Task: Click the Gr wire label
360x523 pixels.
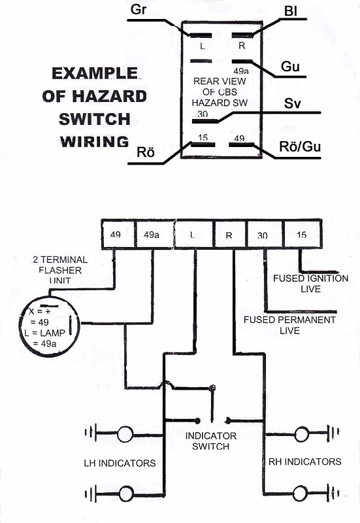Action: [x=139, y=9]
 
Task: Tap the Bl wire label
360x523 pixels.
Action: [x=291, y=11]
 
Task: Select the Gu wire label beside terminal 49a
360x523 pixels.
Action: [x=290, y=67]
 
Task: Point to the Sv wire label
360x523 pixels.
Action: [x=292, y=103]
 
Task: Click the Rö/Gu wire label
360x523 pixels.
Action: [x=300, y=146]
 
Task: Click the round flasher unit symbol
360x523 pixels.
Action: [x=50, y=326]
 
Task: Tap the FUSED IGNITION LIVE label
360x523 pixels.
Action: [x=310, y=284]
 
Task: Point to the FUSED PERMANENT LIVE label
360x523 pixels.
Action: [x=289, y=325]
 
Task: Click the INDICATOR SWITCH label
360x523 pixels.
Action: [x=210, y=441]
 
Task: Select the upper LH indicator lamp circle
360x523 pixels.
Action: [x=125, y=434]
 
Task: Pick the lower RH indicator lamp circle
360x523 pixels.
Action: [x=301, y=494]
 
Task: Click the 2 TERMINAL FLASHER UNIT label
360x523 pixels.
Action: [x=60, y=270]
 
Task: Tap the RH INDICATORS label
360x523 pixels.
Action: [x=304, y=462]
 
